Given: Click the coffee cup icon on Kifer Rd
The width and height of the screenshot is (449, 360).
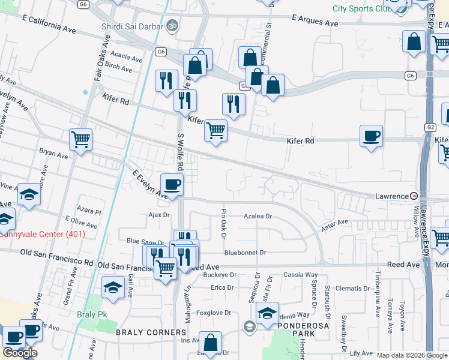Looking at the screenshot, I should (371, 136).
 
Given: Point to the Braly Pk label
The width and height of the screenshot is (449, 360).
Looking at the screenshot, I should (91, 314).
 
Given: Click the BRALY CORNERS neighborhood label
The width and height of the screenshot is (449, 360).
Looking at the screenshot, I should (151, 332).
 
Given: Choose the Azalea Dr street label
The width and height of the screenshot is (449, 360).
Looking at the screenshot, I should (258, 216).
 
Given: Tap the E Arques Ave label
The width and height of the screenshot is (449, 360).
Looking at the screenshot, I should (315, 20).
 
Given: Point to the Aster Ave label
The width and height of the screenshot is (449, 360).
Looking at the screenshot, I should (335, 223).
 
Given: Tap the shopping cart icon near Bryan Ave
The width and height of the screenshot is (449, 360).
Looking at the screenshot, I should (80, 139).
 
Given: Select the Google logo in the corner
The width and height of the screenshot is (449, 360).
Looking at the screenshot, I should (20, 353).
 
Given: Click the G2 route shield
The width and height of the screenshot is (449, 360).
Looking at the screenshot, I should (430, 127).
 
